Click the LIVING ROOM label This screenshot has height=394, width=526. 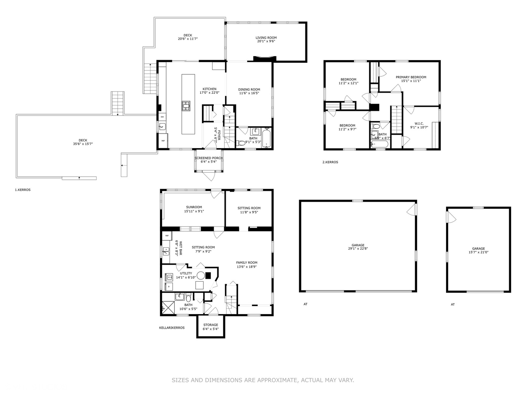(266, 38)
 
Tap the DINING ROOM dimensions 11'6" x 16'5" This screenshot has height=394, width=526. (249, 93)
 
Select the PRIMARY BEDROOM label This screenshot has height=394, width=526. (411, 77)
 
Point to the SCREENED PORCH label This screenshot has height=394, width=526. (209, 158)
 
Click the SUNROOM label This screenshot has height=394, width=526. (194, 207)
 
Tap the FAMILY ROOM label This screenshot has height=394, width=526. (247, 262)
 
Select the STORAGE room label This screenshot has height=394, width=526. (210, 325)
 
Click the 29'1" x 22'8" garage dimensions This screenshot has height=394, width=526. (358, 249)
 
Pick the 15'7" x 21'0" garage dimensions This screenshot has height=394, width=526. (478, 252)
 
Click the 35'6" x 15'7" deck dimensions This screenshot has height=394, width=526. (83, 144)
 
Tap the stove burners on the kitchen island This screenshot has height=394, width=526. (186, 106)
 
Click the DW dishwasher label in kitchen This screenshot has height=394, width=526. (162, 117)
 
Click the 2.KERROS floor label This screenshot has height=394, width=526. (330, 162)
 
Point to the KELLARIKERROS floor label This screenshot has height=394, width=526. (172, 328)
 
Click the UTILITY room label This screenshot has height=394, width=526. (186, 273)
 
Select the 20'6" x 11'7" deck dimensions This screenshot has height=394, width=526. (188, 39)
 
